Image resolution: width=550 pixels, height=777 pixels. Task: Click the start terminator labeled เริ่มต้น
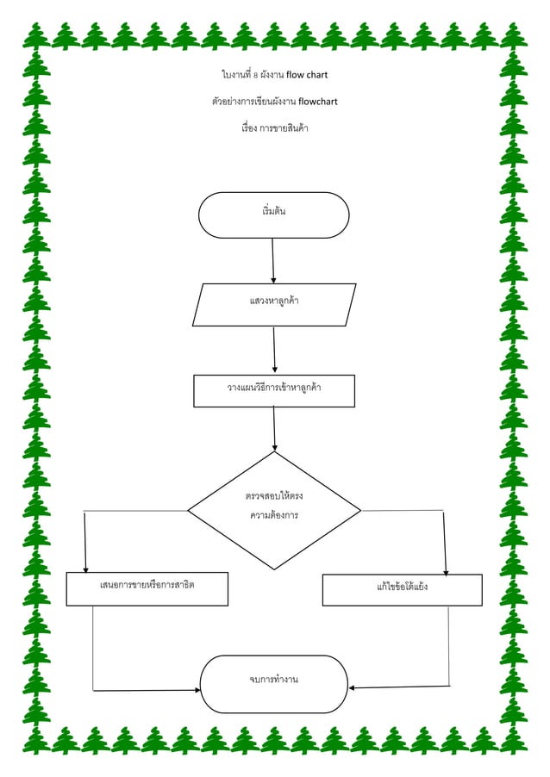[273, 214]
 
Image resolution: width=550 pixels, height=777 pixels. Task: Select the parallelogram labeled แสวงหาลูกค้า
[274, 305]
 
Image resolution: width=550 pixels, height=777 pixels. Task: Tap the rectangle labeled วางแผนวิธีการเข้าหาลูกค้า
[273, 390]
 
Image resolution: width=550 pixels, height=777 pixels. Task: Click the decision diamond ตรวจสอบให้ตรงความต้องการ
[274, 510]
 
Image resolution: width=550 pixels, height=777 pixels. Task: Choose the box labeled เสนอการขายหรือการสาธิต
[147, 588]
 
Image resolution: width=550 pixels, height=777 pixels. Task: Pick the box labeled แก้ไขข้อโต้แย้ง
[402, 589]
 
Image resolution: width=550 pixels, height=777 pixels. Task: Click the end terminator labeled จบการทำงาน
[273, 684]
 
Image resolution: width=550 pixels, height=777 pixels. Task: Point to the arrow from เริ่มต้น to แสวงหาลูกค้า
[273, 260]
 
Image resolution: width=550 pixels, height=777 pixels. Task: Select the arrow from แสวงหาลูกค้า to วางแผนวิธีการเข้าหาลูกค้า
[274, 351]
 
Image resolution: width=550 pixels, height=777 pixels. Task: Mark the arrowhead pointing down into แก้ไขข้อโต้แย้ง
[446, 569]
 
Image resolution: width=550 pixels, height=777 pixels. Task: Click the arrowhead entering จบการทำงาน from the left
[196, 689]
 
